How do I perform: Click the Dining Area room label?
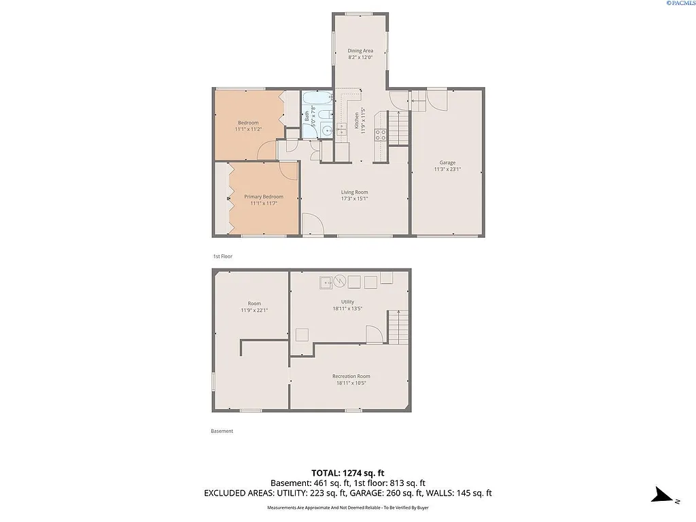click(360, 50)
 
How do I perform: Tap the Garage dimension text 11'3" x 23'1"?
click(447, 169)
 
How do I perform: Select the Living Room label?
click(354, 192)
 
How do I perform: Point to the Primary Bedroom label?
click(264, 196)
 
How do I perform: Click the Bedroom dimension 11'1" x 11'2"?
click(248, 129)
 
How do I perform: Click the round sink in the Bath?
click(327, 130)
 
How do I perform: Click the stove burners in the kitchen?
click(381, 135)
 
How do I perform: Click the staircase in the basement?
click(398, 328)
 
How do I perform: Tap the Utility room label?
click(347, 302)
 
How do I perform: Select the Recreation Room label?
click(351, 376)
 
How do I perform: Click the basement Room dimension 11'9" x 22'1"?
click(254, 311)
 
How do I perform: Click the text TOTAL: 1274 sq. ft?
click(348, 472)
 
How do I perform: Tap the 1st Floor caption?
click(222, 256)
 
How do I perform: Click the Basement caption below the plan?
click(222, 431)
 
